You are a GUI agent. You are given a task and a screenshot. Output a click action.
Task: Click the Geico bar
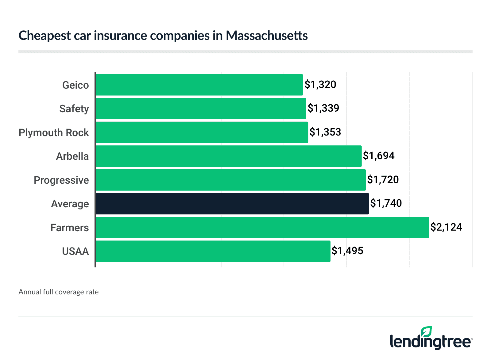[199, 85]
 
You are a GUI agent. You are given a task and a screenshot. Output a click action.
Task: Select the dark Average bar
[232, 204]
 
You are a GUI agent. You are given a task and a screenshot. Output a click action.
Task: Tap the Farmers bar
[262, 228]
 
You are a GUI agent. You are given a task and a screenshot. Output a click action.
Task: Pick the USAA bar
[213, 251]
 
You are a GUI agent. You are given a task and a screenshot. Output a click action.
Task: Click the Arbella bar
[228, 156]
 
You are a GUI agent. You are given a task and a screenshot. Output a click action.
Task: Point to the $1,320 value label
[320, 84]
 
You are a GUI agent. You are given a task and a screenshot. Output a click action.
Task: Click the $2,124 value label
[446, 227]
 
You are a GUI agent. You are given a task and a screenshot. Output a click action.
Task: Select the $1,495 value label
[347, 251]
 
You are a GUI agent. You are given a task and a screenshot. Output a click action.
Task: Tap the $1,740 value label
[386, 203]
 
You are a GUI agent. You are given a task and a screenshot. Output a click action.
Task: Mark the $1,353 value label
[325, 132]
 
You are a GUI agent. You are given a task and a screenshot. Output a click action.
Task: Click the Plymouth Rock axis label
[54, 132]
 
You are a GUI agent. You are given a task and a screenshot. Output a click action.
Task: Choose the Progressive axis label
[61, 180]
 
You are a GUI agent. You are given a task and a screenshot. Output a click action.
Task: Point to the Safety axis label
[74, 109]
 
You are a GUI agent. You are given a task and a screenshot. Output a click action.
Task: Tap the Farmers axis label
[70, 228]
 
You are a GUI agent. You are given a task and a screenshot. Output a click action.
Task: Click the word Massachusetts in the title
[267, 36]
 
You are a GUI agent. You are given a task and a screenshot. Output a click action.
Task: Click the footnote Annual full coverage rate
[59, 292]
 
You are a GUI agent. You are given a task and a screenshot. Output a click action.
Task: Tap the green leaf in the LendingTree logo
[427, 332]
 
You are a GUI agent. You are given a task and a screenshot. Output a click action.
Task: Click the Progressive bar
[230, 180]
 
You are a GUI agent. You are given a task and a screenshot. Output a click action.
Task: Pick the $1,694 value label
[379, 156]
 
